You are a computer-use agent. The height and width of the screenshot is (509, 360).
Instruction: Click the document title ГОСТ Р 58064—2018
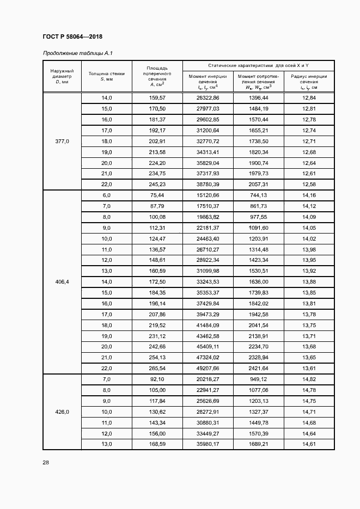point(72,36)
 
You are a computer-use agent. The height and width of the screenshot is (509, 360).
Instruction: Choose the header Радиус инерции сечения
point(308,82)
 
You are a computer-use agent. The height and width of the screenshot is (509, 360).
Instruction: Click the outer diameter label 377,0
point(62,141)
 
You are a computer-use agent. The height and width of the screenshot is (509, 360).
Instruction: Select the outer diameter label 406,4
point(62,282)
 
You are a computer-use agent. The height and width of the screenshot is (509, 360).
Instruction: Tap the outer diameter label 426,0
point(62,412)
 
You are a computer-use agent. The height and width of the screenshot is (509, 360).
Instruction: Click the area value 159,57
point(157,97)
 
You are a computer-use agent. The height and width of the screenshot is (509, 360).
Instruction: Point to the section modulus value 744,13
point(258,195)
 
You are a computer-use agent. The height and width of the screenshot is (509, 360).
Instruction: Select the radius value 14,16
point(308,195)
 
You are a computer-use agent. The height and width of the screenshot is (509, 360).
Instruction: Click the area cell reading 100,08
point(157,217)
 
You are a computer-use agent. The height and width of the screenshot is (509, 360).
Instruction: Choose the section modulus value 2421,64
point(258,369)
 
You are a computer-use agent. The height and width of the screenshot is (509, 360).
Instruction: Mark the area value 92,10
point(157,379)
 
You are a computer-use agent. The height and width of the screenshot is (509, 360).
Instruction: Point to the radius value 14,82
point(308,379)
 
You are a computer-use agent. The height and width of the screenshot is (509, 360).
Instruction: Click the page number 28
point(46,463)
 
